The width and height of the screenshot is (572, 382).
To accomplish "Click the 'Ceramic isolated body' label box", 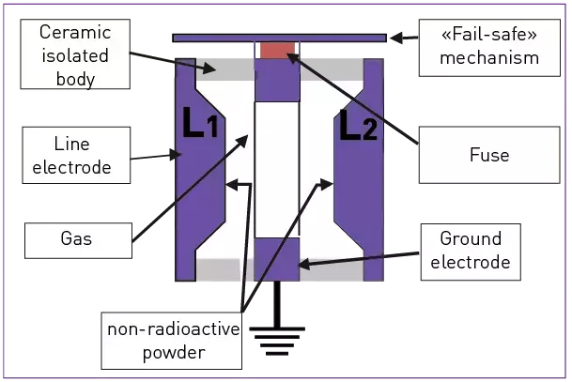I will (74, 55).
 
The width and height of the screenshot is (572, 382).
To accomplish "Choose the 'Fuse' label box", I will (488, 154).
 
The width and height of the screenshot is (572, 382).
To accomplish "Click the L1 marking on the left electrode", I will (201, 125).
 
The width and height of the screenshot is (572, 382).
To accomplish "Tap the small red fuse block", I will (277, 50).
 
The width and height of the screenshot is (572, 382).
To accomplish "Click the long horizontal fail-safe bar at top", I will (279, 38).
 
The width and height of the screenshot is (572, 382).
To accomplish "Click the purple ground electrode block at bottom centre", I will (277, 259).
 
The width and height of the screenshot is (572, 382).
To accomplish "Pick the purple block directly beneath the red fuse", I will (277, 81).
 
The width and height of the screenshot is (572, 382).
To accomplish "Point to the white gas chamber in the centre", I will (276, 169).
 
